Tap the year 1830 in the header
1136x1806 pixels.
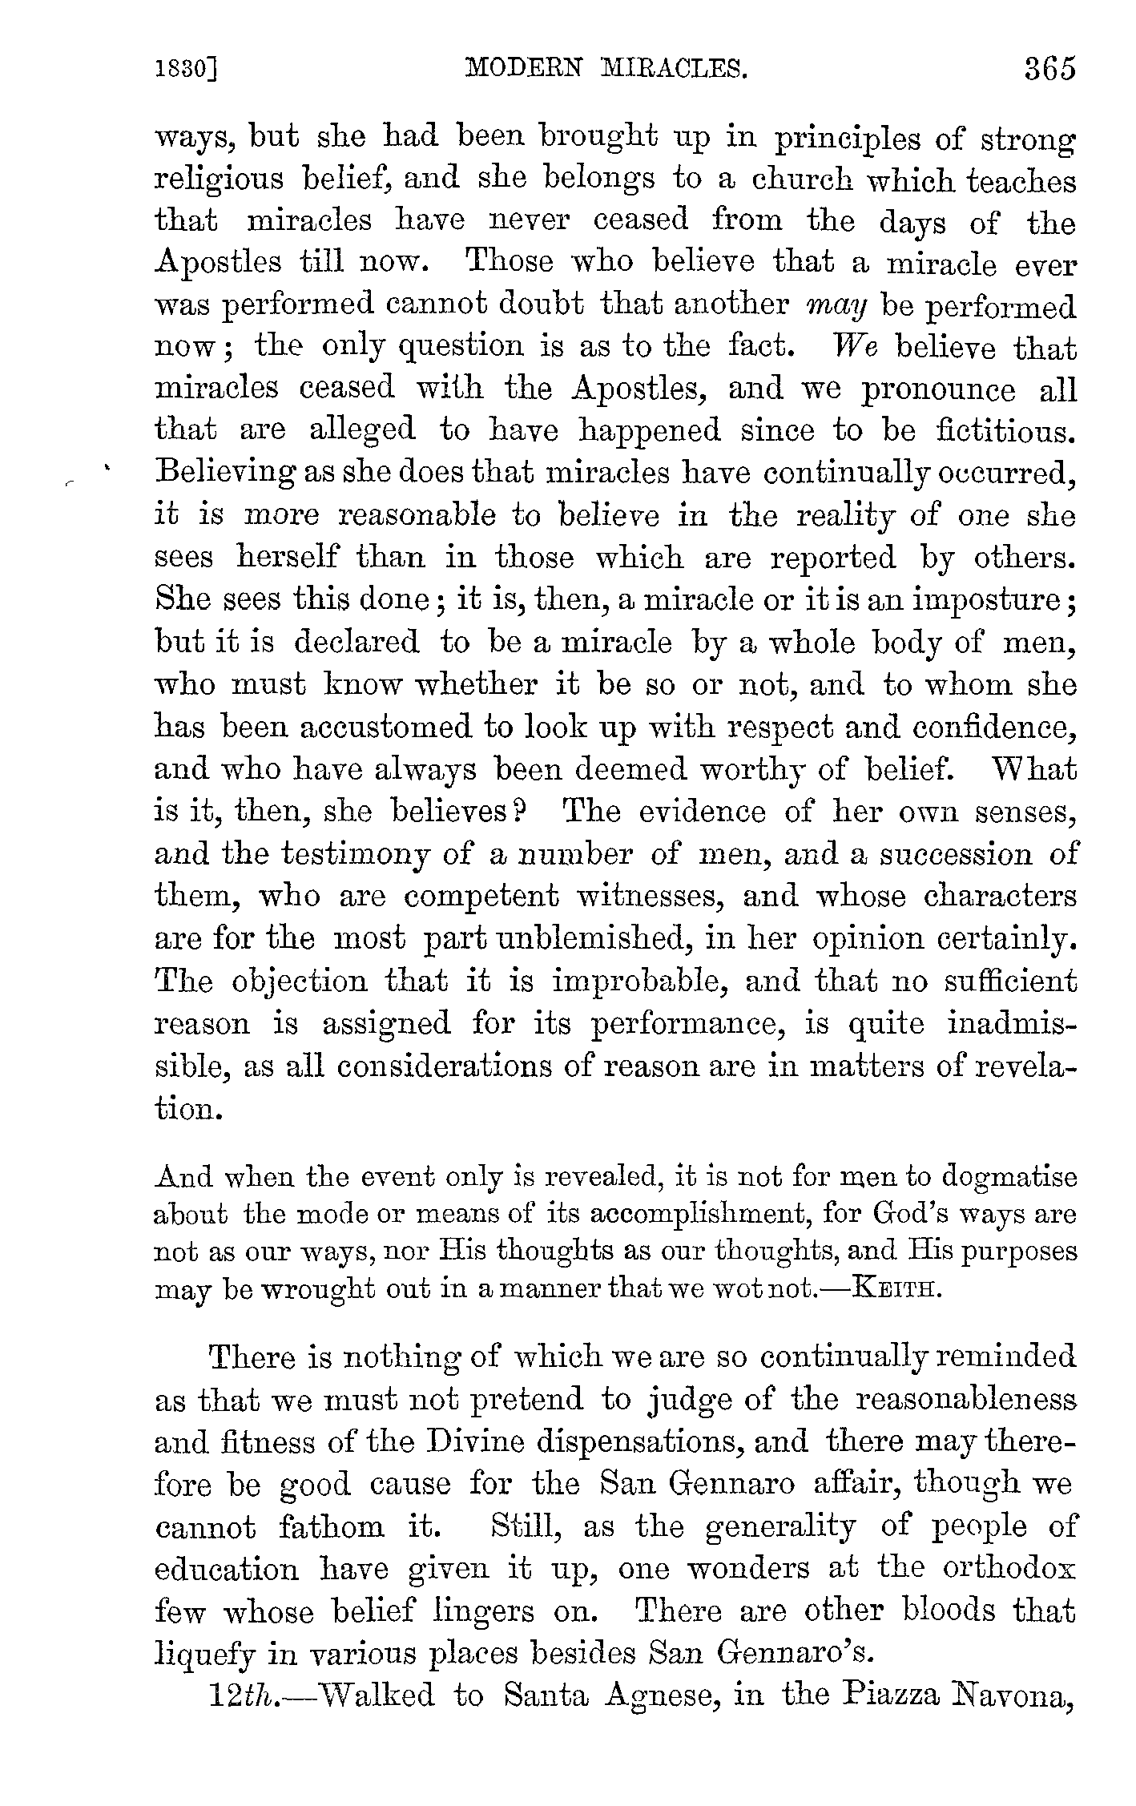point(186,71)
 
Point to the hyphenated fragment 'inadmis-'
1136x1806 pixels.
point(1012,1023)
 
